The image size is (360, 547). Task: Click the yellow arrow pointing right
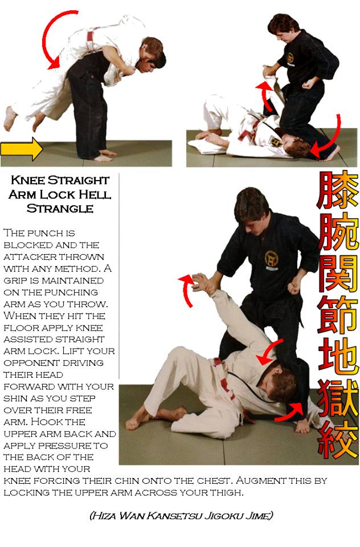(x=22, y=149)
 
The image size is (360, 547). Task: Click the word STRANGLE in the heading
(x=60, y=209)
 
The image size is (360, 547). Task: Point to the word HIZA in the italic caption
(x=104, y=515)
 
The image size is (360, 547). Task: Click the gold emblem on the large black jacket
(x=271, y=260)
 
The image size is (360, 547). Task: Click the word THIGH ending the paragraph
(x=227, y=492)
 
